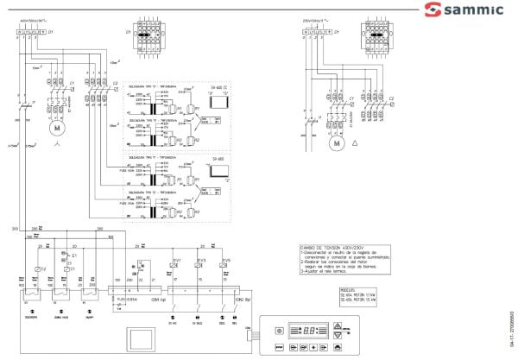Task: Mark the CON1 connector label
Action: (157, 299)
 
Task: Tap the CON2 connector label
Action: (241, 299)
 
